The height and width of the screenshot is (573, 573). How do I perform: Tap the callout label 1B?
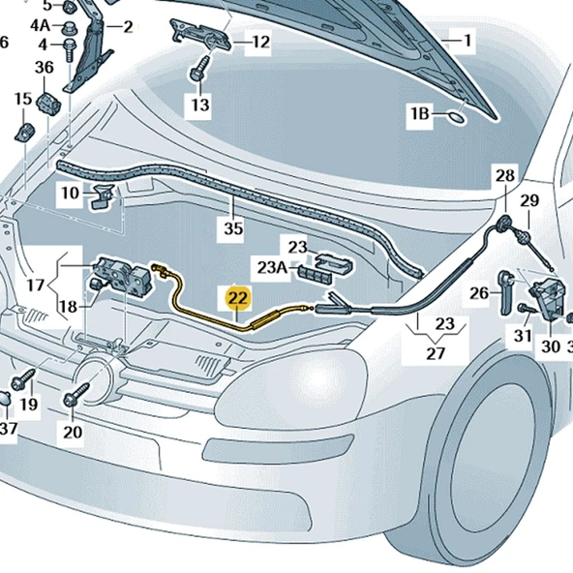coord(419,115)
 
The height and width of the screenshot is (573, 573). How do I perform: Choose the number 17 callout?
coord(36,286)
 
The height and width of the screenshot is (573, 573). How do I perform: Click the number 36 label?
coord(45,67)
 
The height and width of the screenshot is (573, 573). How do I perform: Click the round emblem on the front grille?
coord(97,372)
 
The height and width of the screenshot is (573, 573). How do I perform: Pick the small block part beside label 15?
coord(23,130)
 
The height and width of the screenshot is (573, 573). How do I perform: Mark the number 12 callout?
coord(260,42)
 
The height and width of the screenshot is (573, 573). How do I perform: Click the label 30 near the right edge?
coord(551,346)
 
